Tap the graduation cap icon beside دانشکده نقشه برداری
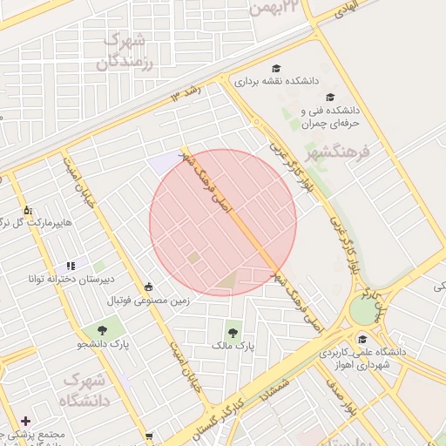point(276,68)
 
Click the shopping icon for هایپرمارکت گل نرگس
point(27,210)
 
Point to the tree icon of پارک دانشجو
point(103,330)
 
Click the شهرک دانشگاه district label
point(84,391)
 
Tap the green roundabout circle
point(361,311)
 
